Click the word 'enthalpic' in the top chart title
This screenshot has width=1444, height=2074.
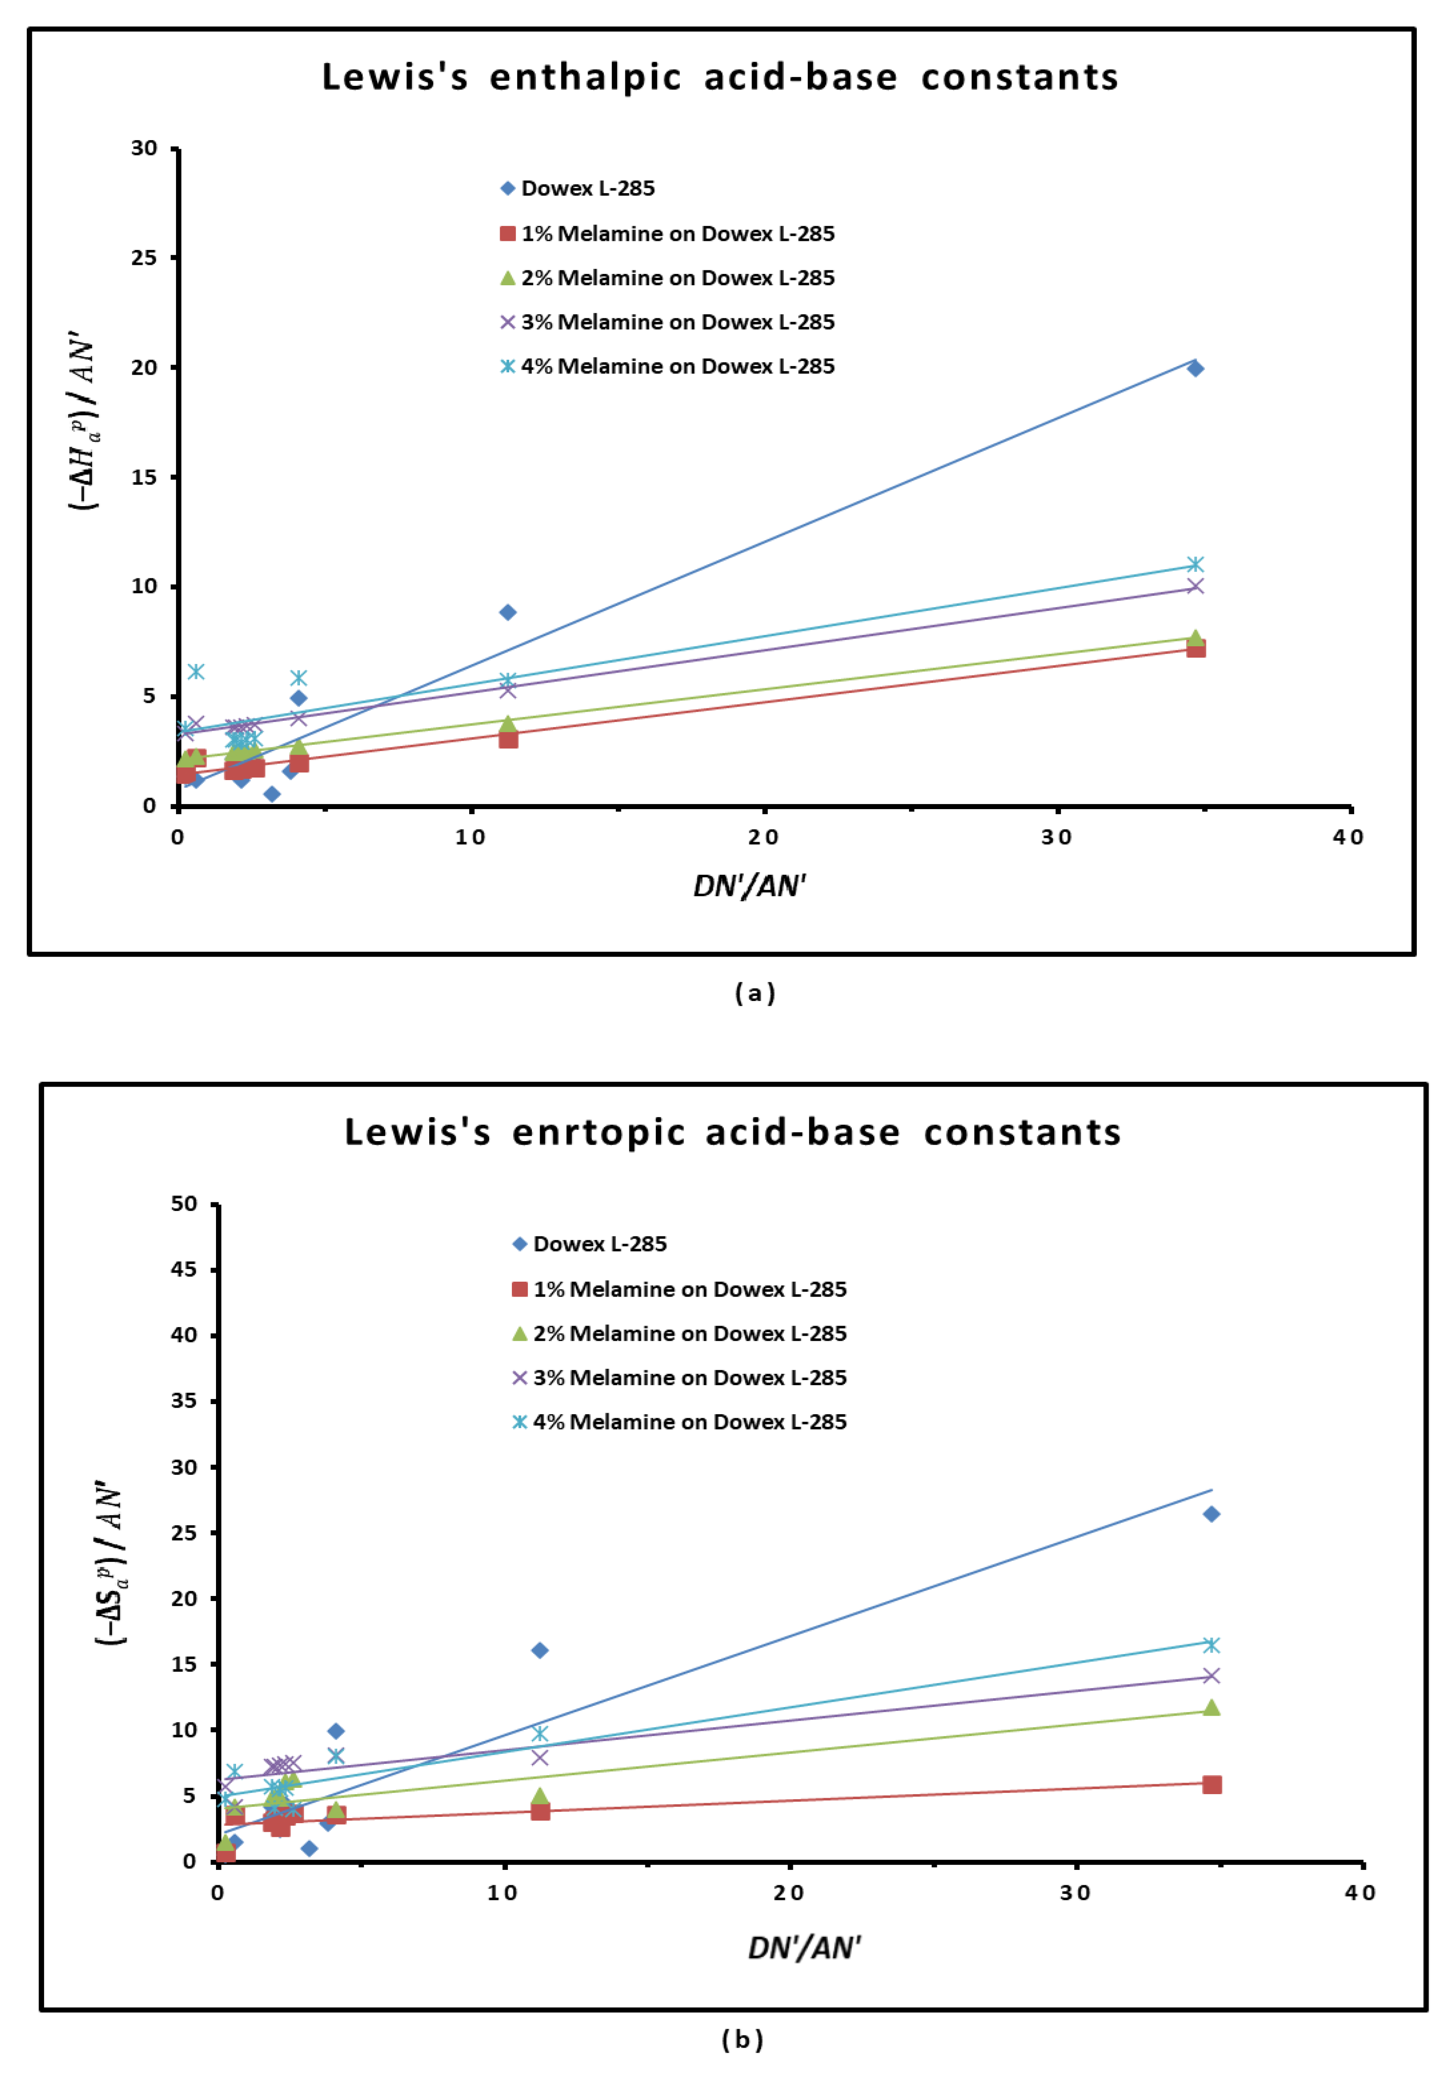tap(584, 78)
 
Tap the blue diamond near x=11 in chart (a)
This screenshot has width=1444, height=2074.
tap(508, 612)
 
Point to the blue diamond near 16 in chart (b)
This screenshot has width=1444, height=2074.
tap(540, 1650)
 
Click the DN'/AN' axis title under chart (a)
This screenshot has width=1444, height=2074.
tap(749, 886)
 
